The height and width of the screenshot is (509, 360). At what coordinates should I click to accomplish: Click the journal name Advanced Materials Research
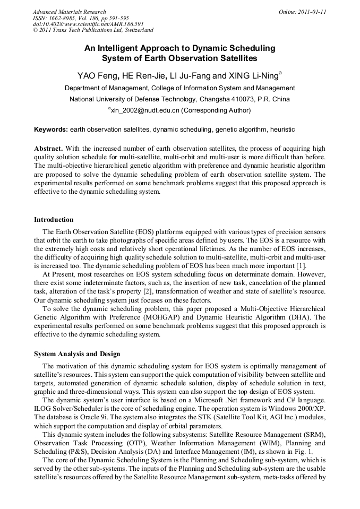point(69,12)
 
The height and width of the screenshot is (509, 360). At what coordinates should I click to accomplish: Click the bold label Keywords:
point(51,130)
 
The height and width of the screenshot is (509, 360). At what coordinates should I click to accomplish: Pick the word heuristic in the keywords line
point(282,130)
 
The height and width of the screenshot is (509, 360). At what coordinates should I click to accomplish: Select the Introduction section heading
point(54,220)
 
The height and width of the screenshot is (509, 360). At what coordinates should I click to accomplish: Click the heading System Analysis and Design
point(77,354)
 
